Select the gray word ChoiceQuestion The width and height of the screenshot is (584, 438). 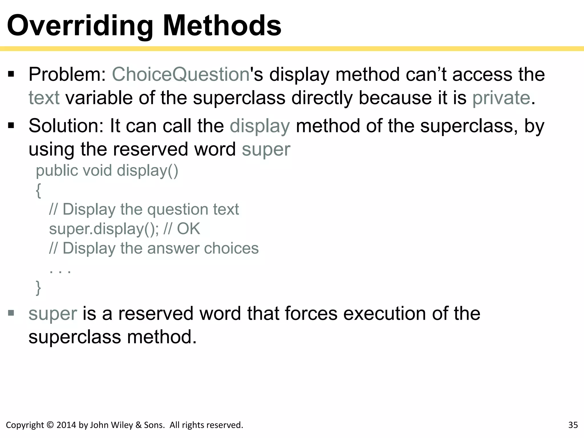181,75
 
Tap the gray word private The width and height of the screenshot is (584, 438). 501,98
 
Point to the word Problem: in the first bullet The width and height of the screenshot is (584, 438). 67,75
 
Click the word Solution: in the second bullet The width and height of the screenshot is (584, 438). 66,126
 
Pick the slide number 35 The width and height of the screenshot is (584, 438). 573,425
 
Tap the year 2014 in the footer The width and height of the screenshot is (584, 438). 66,425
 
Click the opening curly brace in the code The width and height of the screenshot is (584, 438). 38,190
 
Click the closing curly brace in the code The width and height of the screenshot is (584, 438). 38,288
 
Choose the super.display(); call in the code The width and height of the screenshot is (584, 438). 104,229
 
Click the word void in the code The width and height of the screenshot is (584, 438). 97,171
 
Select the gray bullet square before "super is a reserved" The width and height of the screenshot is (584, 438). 11,313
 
